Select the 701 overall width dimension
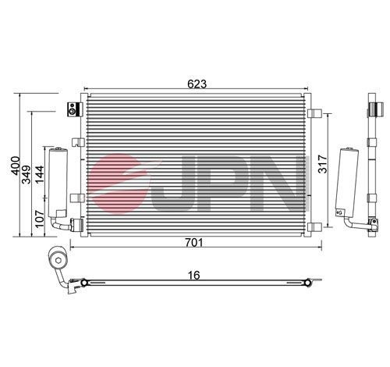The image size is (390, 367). click(195, 243)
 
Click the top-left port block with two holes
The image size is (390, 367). click(73, 109)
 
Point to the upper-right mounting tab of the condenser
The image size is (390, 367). click(314, 114)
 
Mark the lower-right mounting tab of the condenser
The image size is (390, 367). click(314, 226)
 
